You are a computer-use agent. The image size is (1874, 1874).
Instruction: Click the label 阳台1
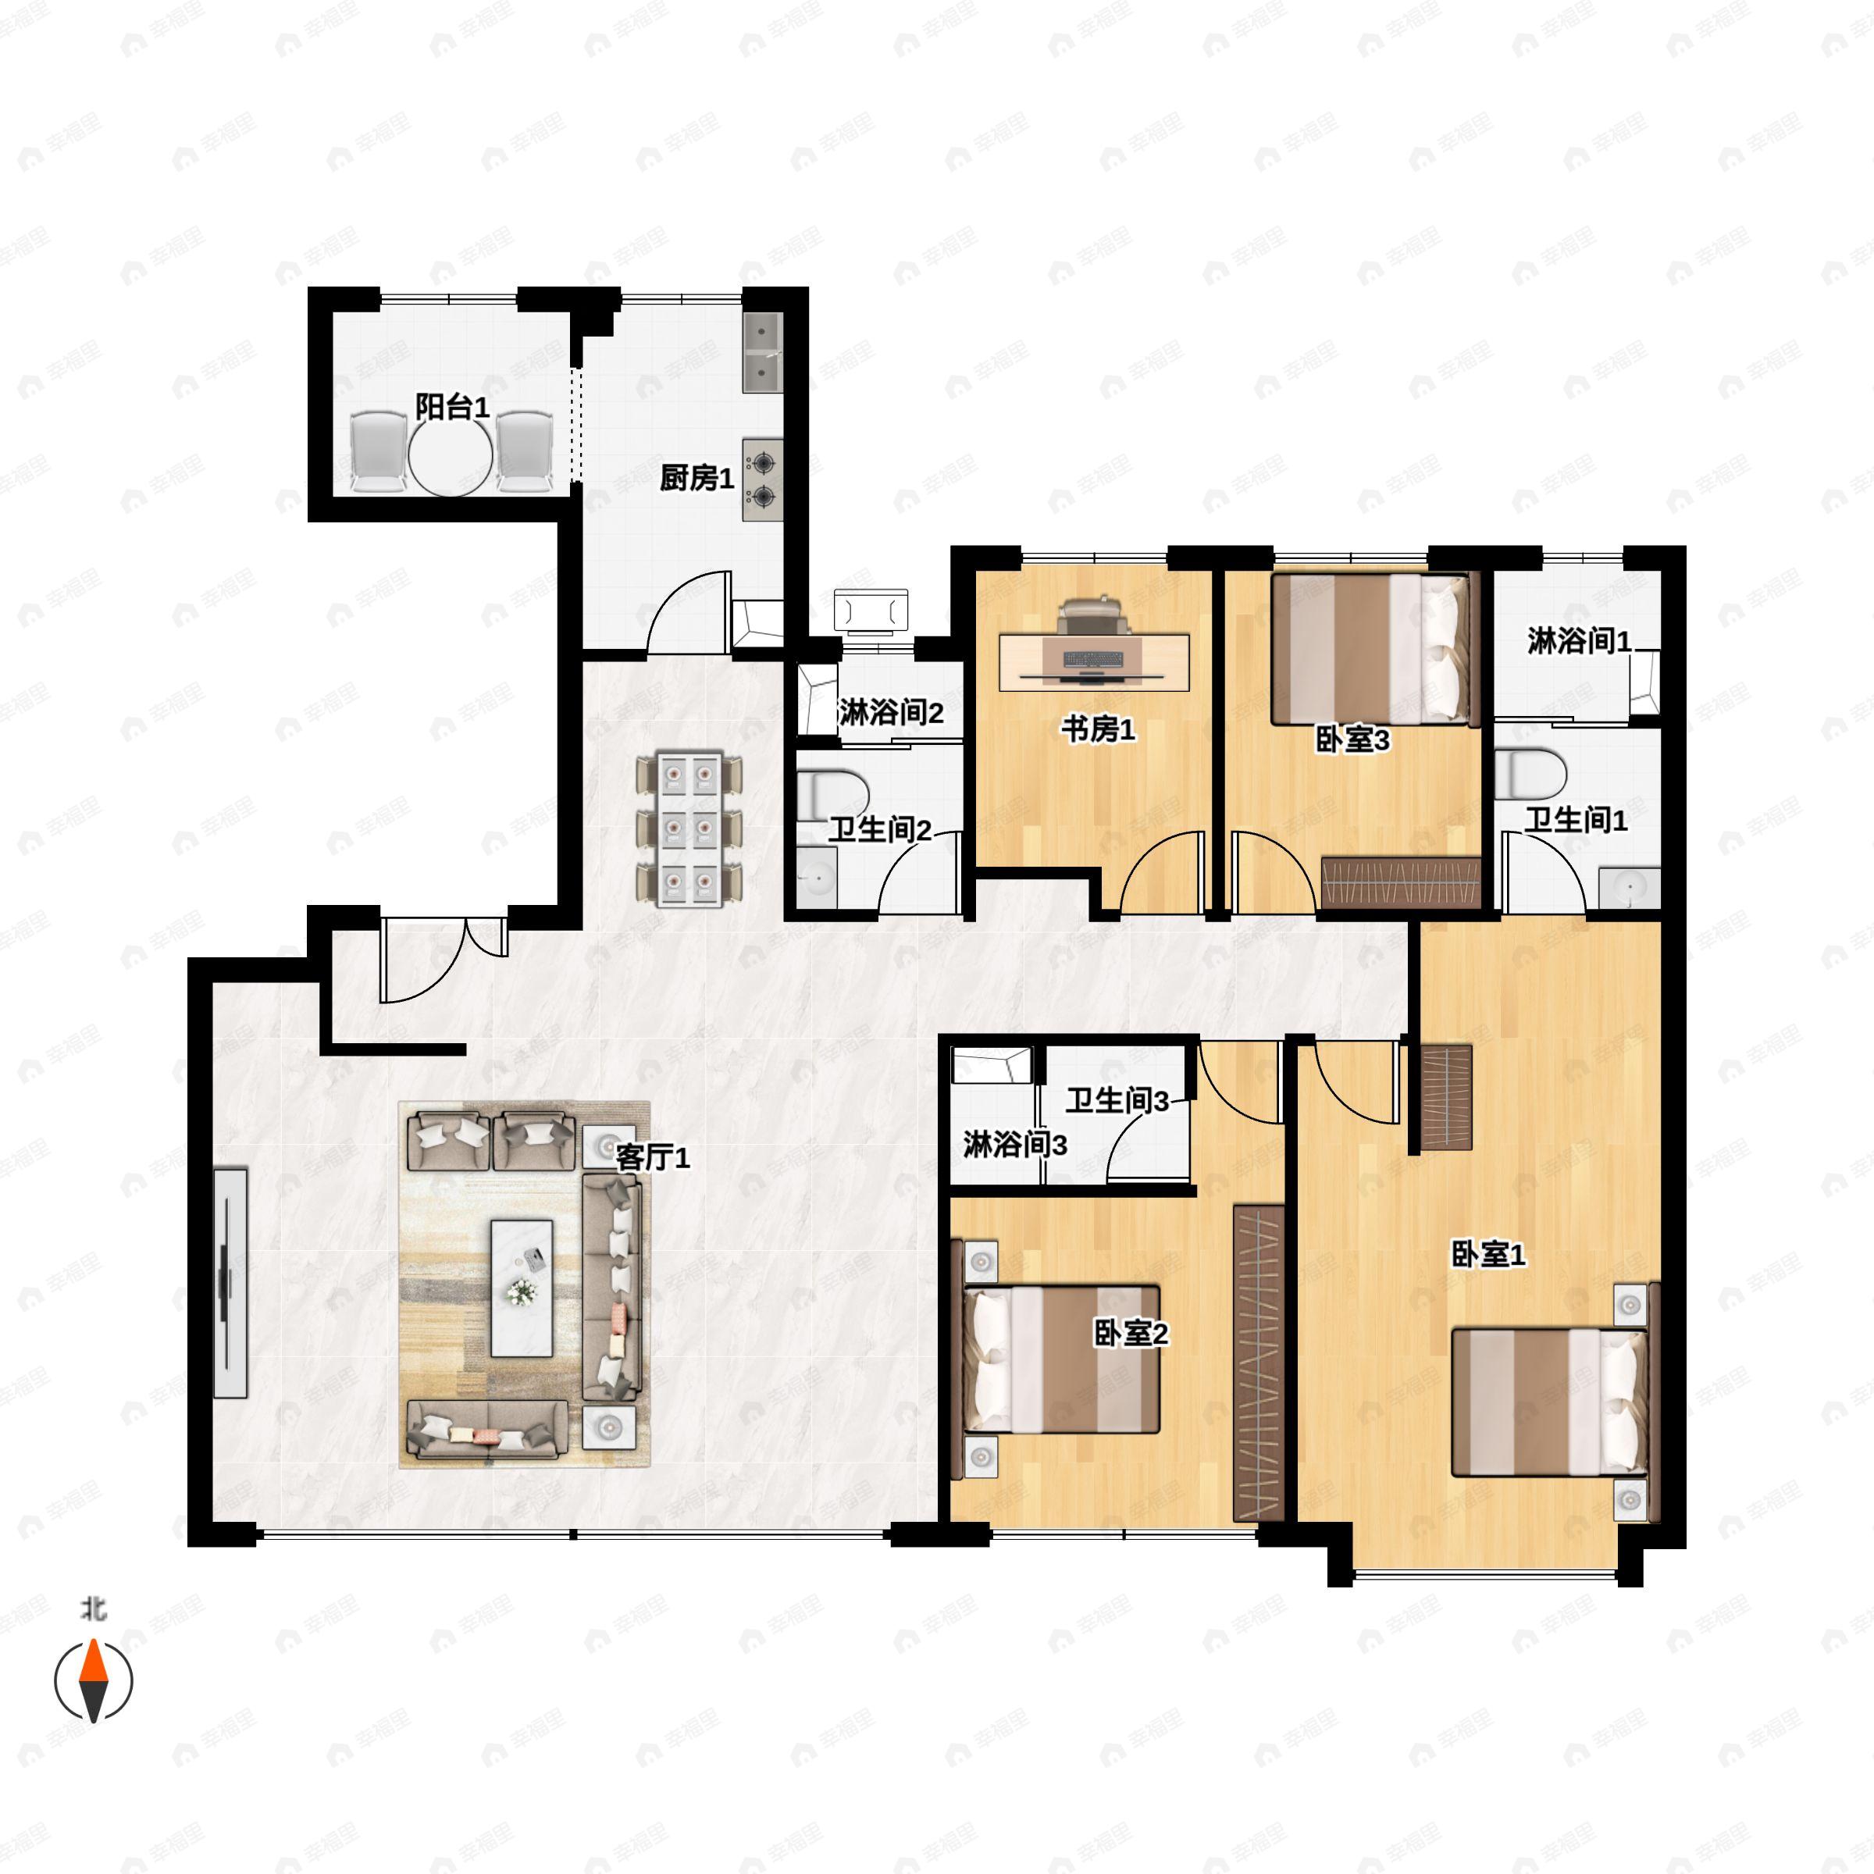coord(451,406)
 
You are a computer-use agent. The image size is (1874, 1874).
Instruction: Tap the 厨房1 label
coord(697,477)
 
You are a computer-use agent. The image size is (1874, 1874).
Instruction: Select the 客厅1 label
coord(653,1157)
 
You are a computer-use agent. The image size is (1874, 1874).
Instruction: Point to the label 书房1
coord(1097,729)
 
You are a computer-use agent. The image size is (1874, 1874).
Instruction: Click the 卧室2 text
coord(1131,1334)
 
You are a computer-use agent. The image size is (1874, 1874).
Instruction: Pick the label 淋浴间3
coord(1014,1145)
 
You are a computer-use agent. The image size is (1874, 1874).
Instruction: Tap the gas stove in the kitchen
coord(762,480)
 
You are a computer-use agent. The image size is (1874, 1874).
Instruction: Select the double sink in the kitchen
coord(762,352)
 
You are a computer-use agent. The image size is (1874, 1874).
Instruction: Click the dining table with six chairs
coord(689,828)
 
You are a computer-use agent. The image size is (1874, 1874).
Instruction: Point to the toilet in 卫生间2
coord(832,793)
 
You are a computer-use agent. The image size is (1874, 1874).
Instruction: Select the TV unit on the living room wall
coord(230,1282)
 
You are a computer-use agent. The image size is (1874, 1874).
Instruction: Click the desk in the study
coord(1094,662)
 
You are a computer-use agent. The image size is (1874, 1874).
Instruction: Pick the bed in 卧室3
coord(1369,649)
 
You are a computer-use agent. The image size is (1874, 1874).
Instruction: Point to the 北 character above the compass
coord(93,1610)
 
